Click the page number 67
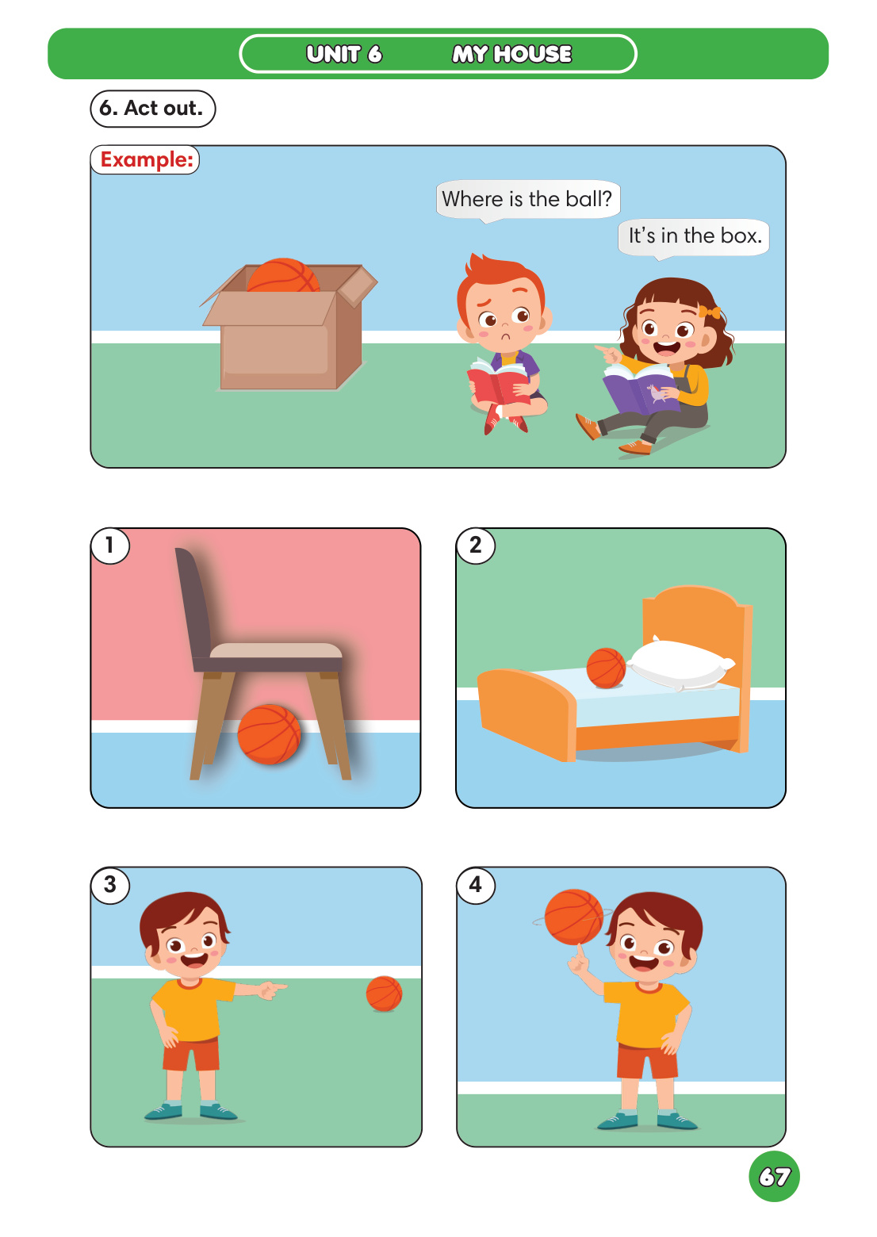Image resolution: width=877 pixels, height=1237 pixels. tap(774, 1176)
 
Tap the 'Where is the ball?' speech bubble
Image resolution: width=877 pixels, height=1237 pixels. tap(527, 199)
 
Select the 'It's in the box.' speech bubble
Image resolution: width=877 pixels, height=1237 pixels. tap(695, 236)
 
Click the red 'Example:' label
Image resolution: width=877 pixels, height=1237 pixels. tap(146, 159)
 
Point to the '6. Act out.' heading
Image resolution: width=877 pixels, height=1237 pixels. tap(152, 109)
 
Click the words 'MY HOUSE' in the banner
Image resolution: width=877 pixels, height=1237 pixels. tap(511, 54)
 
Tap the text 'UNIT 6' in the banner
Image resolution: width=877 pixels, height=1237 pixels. tap(344, 54)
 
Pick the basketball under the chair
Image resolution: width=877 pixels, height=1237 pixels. tap(269, 734)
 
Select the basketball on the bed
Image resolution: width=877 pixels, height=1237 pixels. tap(606, 668)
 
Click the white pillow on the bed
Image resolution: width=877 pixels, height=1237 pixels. tap(681, 663)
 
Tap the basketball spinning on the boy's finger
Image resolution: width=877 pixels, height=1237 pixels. tap(574, 917)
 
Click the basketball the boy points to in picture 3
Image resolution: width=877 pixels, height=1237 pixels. tap(384, 994)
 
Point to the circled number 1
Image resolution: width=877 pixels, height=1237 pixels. tap(110, 546)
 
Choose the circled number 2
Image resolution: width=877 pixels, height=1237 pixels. tap(476, 546)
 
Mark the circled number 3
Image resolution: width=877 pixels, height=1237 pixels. tap(110, 885)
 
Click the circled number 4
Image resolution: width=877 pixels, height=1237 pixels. tap(476, 885)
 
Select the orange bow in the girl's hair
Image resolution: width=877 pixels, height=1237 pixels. tap(709, 312)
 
